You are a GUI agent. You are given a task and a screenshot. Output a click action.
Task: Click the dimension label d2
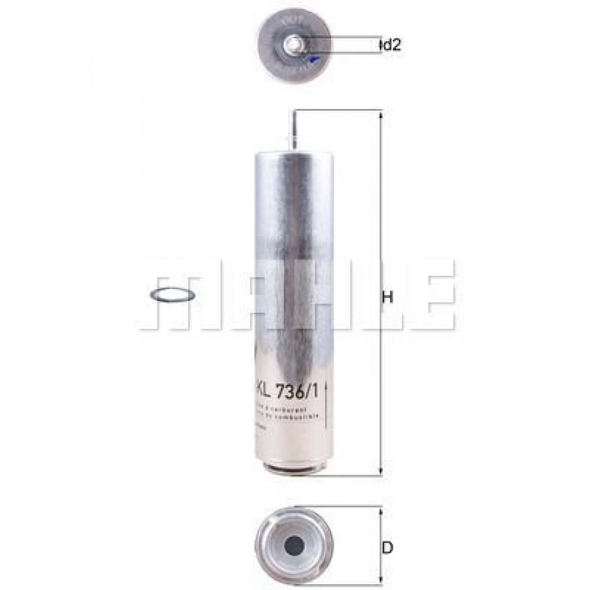(391, 45)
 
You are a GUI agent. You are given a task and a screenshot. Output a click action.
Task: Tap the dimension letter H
(387, 297)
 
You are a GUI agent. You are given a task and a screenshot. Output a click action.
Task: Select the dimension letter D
(387, 547)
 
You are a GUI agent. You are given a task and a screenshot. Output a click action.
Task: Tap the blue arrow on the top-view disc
(315, 60)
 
